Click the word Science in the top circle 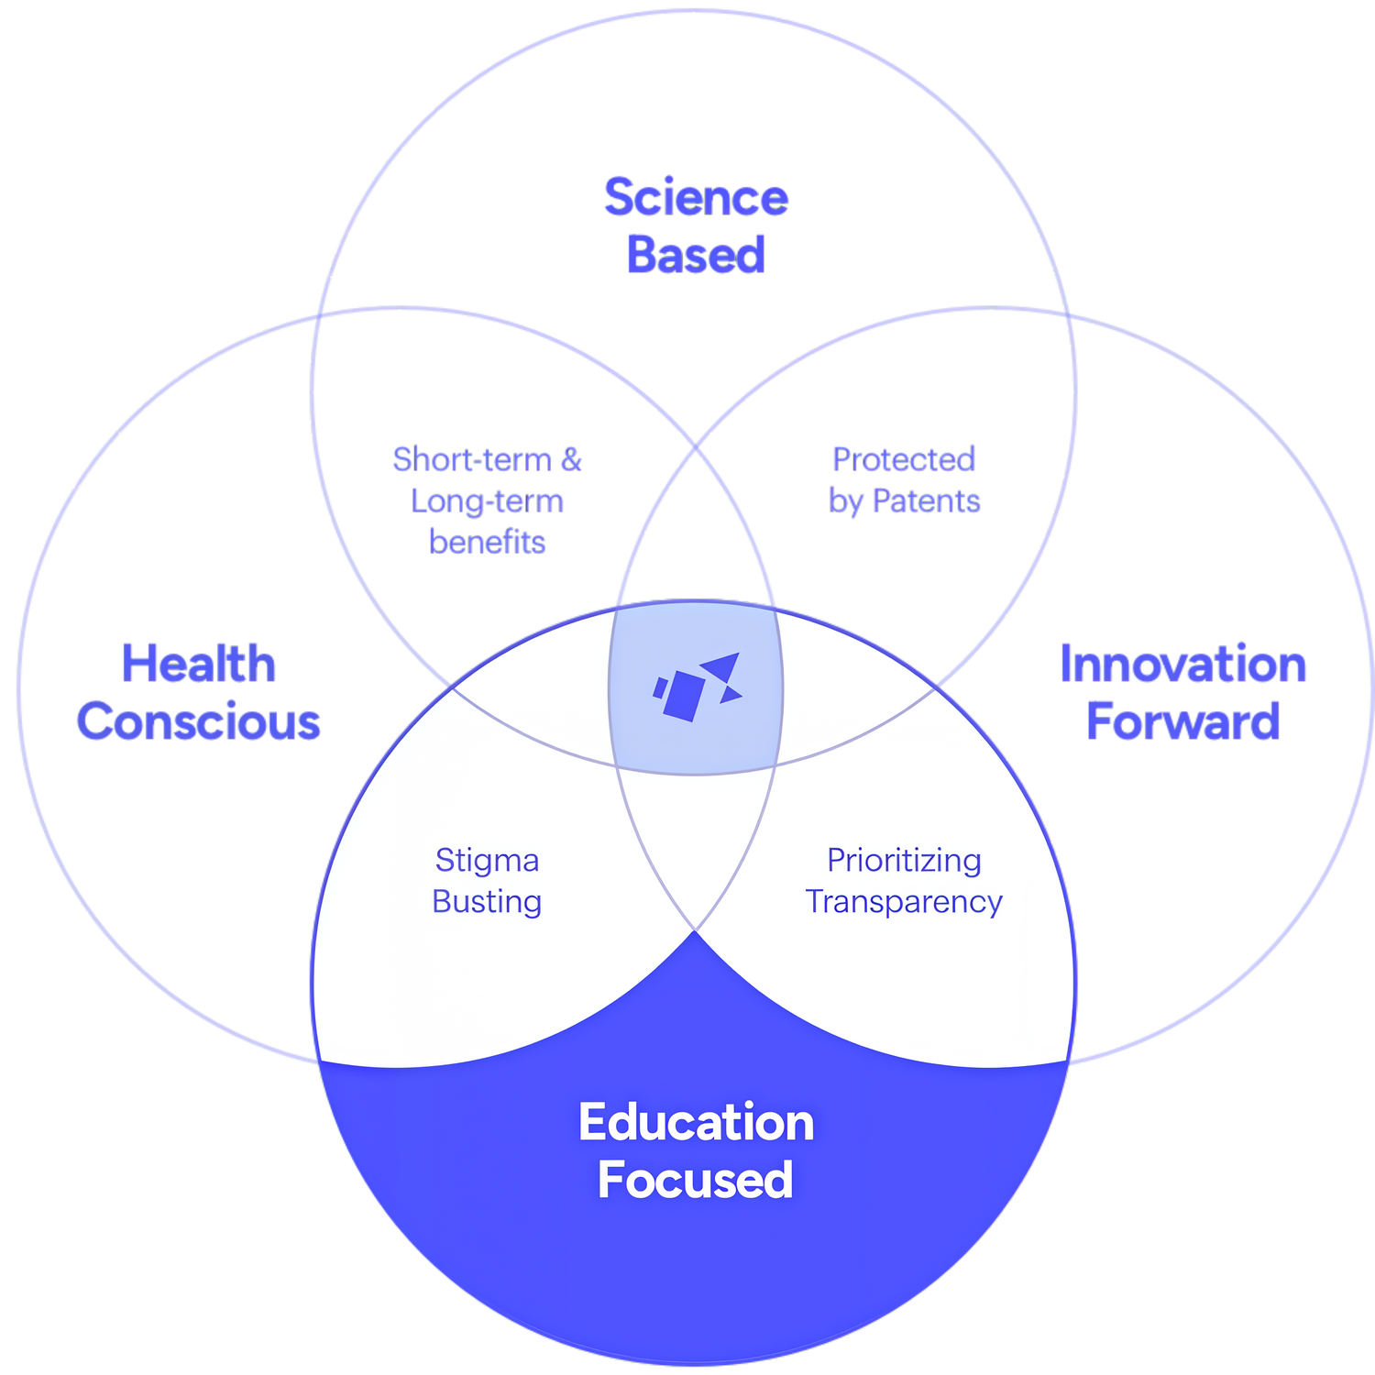(x=696, y=197)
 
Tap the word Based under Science (x=696, y=254)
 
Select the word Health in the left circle (x=199, y=664)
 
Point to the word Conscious (x=199, y=721)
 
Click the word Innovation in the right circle (x=1182, y=664)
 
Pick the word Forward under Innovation (x=1182, y=721)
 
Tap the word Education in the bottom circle (x=696, y=1122)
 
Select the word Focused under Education (x=696, y=1180)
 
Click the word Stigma (x=487, y=861)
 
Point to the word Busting (x=487, y=902)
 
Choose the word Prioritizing (x=904, y=861)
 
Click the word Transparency (x=904, y=902)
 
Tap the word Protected (x=904, y=459)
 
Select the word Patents (x=926, y=501)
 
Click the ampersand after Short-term (x=571, y=459)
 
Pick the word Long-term (x=487, y=501)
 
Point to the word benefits (x=487, y=543)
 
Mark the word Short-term (x=471, y=459)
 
